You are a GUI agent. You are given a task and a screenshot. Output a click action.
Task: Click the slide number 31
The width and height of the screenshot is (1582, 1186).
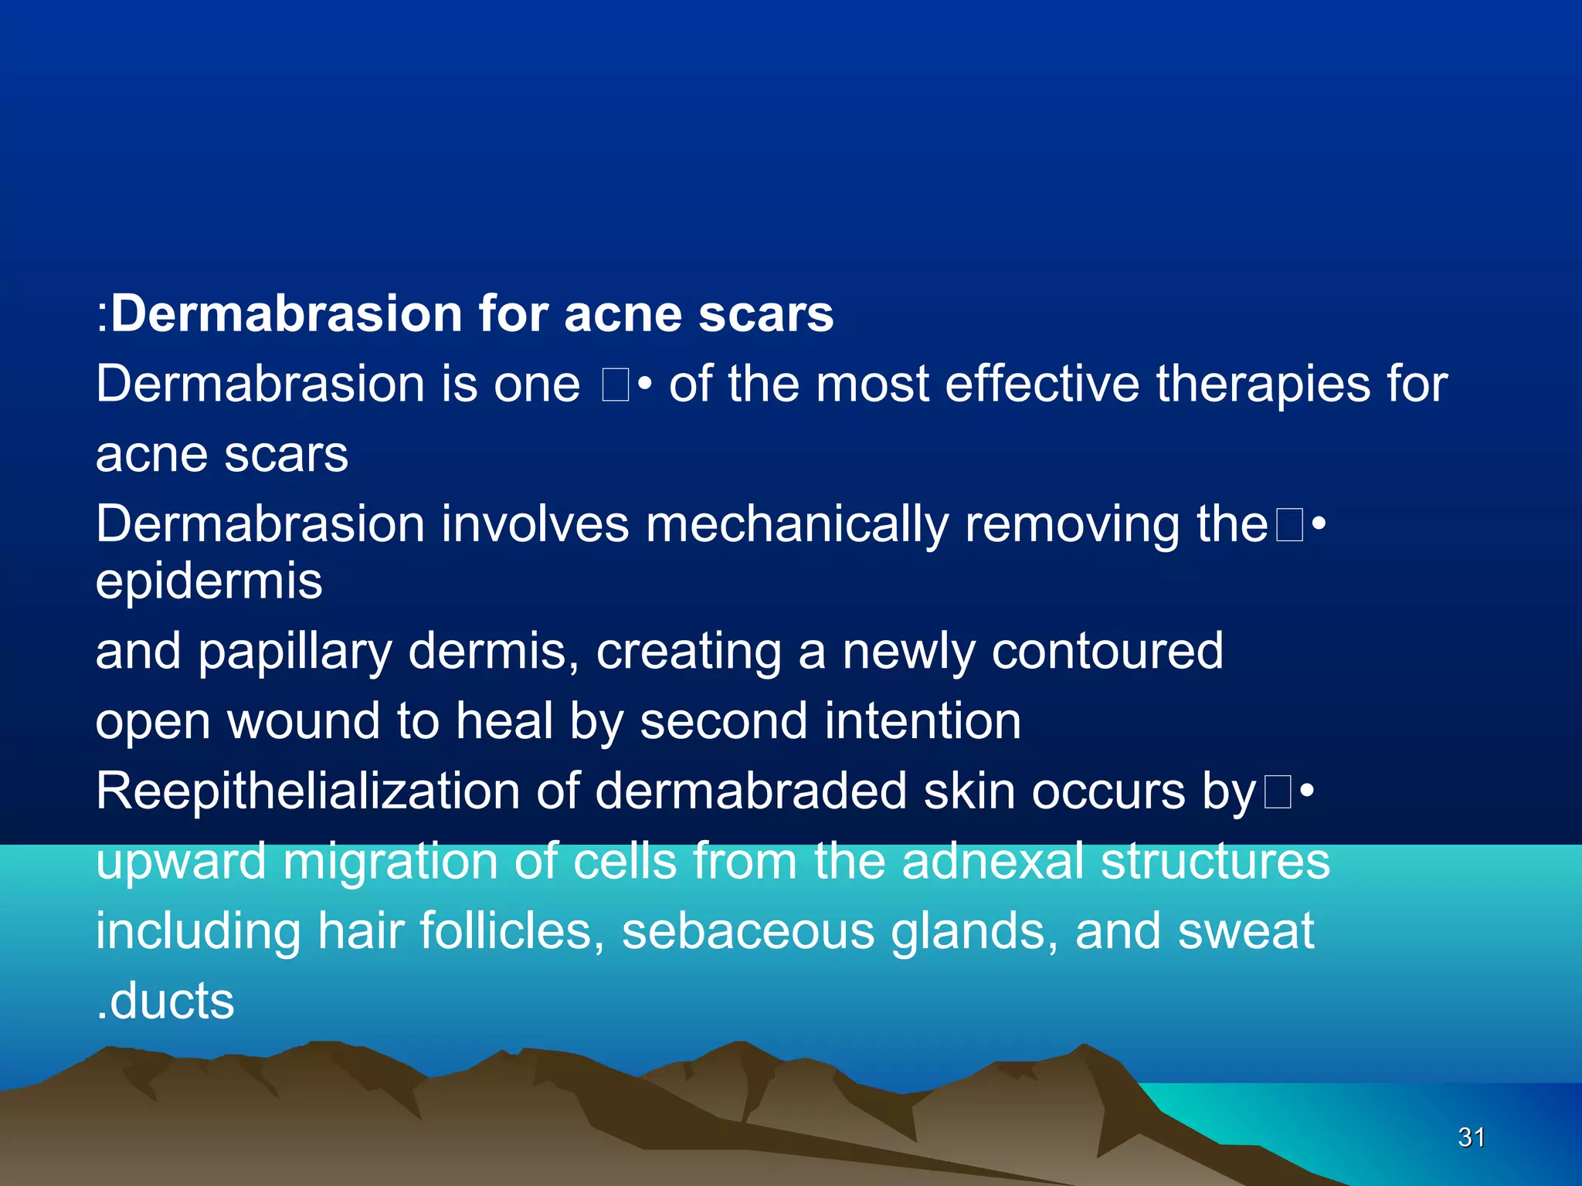(x=1471, y=1137)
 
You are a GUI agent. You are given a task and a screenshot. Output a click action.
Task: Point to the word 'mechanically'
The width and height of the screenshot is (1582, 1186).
(x=796, y=525)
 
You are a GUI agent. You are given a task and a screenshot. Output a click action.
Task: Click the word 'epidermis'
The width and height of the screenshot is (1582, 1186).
(x=209, y=582)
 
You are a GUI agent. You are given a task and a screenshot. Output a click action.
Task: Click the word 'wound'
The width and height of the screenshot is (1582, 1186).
(x=303, y=721)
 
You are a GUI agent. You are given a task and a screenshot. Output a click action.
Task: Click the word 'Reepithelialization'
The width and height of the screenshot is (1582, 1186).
(x=307, y=792)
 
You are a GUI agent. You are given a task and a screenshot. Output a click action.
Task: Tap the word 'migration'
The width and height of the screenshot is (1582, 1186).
(x=390, y=862)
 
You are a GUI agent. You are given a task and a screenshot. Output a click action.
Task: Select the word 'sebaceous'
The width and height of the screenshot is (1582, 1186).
(x=748, y=931)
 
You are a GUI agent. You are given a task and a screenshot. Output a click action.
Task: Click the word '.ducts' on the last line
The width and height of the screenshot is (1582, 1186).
(x=165, y=1001)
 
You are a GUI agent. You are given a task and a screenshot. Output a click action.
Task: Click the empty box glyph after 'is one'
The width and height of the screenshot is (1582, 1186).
(x=616, y=385)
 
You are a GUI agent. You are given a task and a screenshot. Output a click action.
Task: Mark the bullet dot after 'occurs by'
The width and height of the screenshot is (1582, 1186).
(x=1306, y=792)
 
